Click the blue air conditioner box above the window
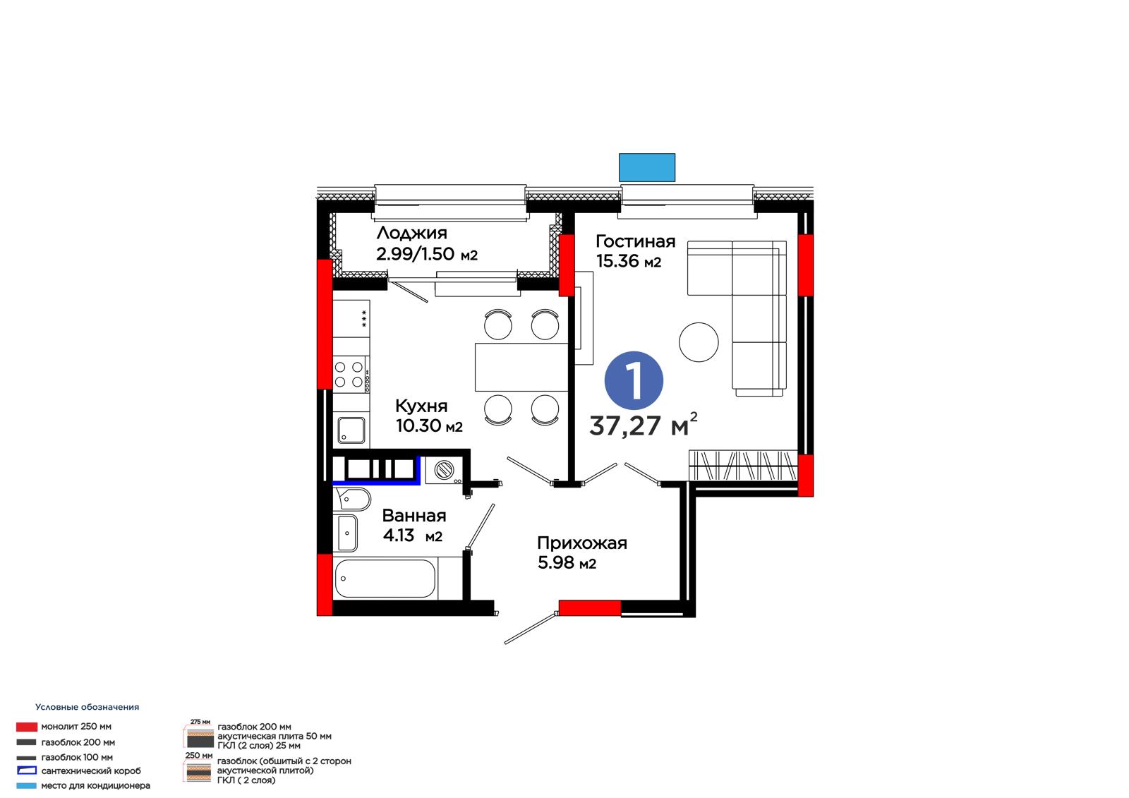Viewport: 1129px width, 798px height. [x=646, y=167]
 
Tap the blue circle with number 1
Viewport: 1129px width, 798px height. [x=634, y=380]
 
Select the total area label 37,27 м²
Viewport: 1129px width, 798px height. [x=643, y=425]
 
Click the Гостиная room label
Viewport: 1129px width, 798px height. [x=635, y=241]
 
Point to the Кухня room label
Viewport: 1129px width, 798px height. [x=421, y=406]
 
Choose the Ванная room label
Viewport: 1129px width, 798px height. [x=413, y=515]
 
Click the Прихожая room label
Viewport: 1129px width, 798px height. [x=581, y=543]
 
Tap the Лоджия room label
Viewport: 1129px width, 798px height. [x=412, y=233]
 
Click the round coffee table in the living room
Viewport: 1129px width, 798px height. [x=698, y=341]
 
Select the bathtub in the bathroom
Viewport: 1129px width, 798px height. [x=385, y=579]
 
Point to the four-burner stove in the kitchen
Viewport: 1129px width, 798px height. [x=351, y=374]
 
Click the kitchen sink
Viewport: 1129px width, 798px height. [x=351, y=430]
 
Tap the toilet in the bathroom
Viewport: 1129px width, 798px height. [x=352, y=499]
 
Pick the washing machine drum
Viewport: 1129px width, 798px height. [x=444, y=471]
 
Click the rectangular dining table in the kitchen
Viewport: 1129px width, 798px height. [x=521, y=367]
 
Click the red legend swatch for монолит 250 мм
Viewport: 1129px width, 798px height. [x=27, y=727]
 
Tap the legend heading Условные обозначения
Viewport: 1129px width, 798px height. [x=87, y=707]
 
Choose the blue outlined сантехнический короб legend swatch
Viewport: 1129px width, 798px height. [x=27, y=770]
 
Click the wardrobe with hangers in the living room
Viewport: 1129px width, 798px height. [x=743, y=465]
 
